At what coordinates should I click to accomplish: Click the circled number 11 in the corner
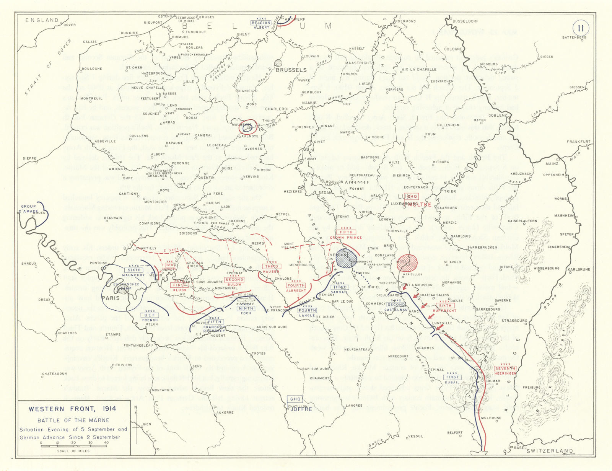[x=581, y=28]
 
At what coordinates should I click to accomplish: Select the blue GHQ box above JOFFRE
[x=296, y=399]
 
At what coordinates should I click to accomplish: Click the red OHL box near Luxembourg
[x=411, y=196]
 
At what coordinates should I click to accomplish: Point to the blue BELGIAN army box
[x=261, y=23]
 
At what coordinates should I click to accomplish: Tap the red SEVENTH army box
[x=505, y=368]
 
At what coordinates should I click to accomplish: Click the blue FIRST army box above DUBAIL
[x=452, y=377]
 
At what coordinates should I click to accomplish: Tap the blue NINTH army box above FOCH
[x=246, y=308]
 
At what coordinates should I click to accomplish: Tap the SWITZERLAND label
[x=550, y=451]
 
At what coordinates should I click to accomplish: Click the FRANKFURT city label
[x=578, y=142]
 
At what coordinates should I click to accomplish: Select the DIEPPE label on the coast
[x=29, y=158]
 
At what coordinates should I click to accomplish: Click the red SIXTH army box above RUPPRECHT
[x=445, y=306]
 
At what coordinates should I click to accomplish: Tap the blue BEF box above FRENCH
[x=150, y=315]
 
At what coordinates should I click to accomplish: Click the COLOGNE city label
[x=453, y=49]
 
